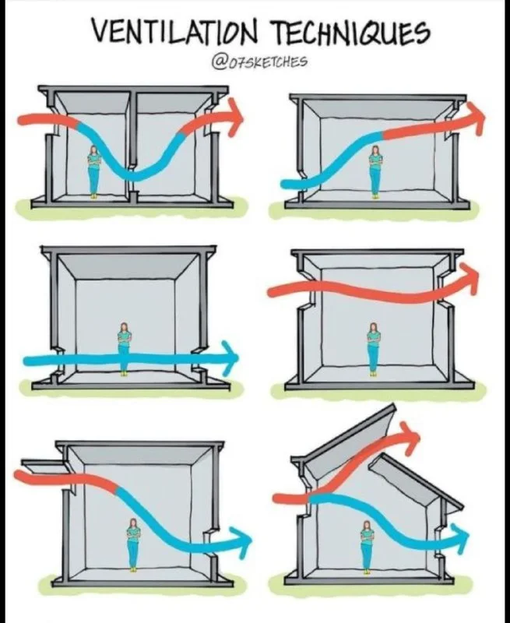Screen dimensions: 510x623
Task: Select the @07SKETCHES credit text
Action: tap(260, 62)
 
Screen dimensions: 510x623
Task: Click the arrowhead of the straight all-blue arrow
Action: tap(230, 357)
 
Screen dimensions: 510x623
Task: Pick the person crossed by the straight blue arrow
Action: tap(125, 348)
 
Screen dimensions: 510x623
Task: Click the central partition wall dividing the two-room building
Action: tap(133, 146)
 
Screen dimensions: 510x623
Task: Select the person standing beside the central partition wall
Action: tap(93, 171)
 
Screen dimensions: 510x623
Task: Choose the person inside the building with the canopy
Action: tap(132, 544)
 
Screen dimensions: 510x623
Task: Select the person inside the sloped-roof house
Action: tap(366, 547)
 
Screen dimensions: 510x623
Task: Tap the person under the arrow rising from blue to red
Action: tap(375, 171)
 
